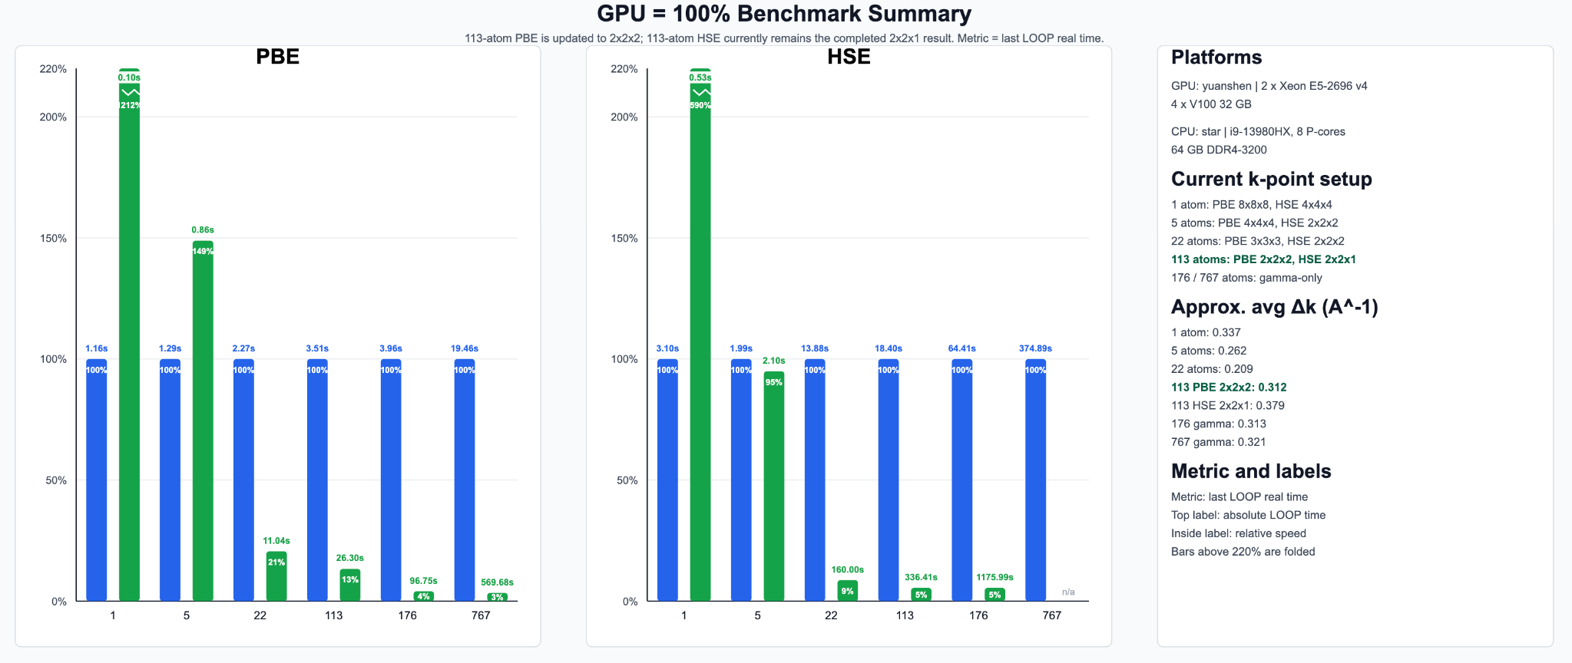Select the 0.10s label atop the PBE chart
pos(129,78)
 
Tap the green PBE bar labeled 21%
pos(276,576)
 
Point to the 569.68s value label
pos(497,582)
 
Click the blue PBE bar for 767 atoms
pos(465,480)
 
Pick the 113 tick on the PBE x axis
pos(333,615)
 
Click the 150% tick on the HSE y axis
pos(624,239)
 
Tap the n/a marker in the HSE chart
pos(1068,592)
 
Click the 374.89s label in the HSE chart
pos(1035,348)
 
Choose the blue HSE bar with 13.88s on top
pos(815,480)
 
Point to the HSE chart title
pos(849,57)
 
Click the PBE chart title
pos(277,57)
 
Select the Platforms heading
pos(1216,58)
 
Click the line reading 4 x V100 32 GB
pos(1211,104)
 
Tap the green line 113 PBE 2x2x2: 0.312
pos(1229,388)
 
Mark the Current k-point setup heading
pos(1271,180)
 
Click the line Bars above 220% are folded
pos(1243,552)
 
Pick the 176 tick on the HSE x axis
pos(978,615)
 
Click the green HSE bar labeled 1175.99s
pos(994,595)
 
